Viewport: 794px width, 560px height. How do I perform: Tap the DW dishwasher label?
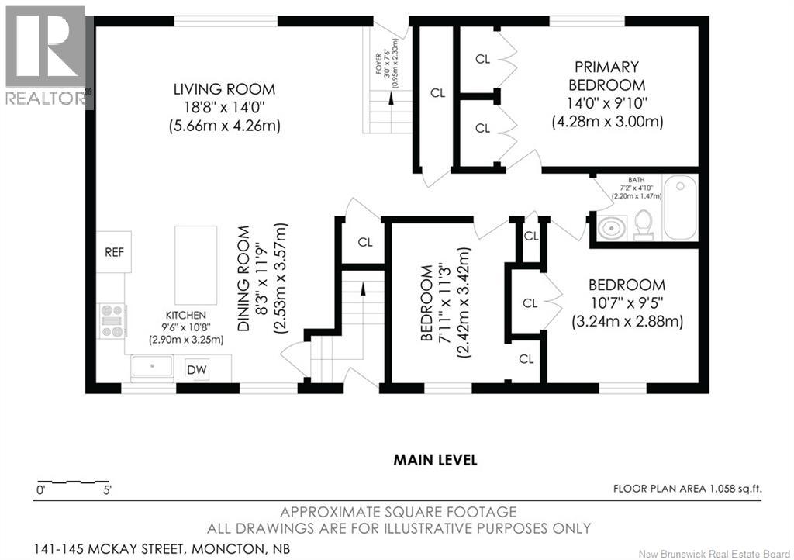[x=196, y=370]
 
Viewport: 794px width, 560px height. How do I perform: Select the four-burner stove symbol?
[x=112, y=320]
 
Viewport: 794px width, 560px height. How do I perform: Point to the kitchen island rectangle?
[x=195, y=265]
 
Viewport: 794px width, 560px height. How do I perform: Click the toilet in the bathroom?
[x=643, y=225]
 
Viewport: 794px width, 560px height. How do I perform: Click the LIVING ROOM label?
[x=224, y=89]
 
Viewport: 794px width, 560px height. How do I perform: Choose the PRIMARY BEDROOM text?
[x=606, y=75]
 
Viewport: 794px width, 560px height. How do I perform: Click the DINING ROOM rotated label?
[x=244, y=278]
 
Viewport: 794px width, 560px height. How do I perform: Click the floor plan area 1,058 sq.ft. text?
[x=688, y=489]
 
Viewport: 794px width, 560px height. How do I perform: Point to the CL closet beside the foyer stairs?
[x=438, y=93]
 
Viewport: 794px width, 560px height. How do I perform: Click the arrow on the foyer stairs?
[x=391, y=99]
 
